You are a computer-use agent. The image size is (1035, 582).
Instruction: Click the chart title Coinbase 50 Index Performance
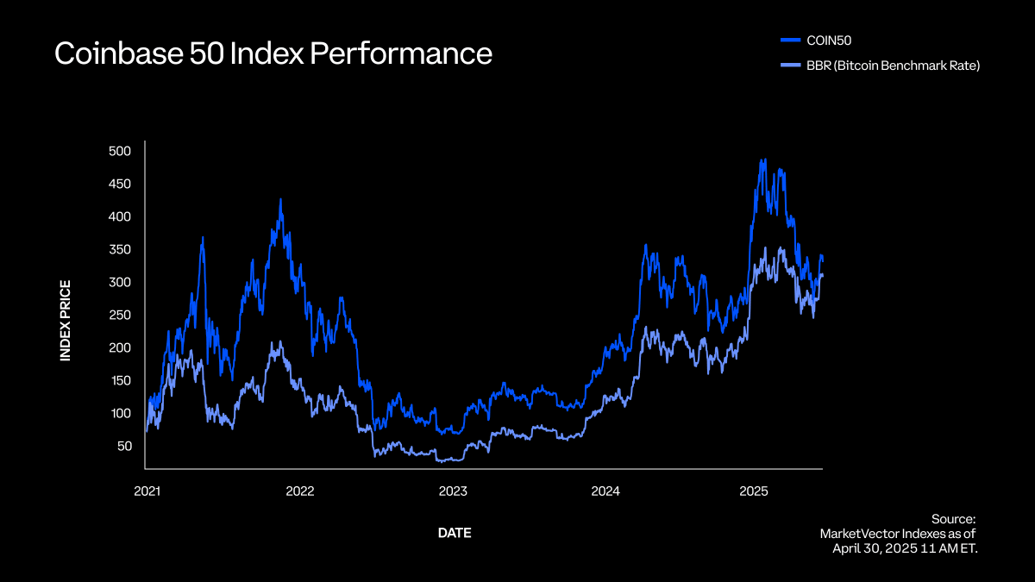[273, 53]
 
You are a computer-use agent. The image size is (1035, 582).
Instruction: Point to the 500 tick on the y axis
[120, 151]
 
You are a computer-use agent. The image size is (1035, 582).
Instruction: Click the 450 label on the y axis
[120, 184]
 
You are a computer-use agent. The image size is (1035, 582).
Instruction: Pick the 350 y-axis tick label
[120, 249]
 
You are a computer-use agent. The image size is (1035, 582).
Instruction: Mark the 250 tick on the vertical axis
[120, 315]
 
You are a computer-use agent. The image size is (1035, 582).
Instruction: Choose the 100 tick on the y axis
[120, 413]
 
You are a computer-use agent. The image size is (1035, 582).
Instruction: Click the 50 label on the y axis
[123, 446]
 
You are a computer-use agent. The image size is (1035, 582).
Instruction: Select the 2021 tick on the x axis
[147, 491]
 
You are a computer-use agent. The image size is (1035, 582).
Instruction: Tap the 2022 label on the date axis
[299, 491]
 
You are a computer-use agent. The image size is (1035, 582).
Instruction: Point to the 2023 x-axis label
[453, 491]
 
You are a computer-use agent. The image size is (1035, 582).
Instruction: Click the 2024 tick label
[605, 491]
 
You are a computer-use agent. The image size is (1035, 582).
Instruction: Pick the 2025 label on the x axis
[755, 491]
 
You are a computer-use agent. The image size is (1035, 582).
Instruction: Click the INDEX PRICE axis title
[66, 320]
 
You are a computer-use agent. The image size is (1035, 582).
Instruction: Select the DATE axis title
[455, 533]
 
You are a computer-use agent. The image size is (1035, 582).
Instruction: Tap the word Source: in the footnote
[953, 518]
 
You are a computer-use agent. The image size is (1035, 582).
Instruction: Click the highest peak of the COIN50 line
[762, 160]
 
